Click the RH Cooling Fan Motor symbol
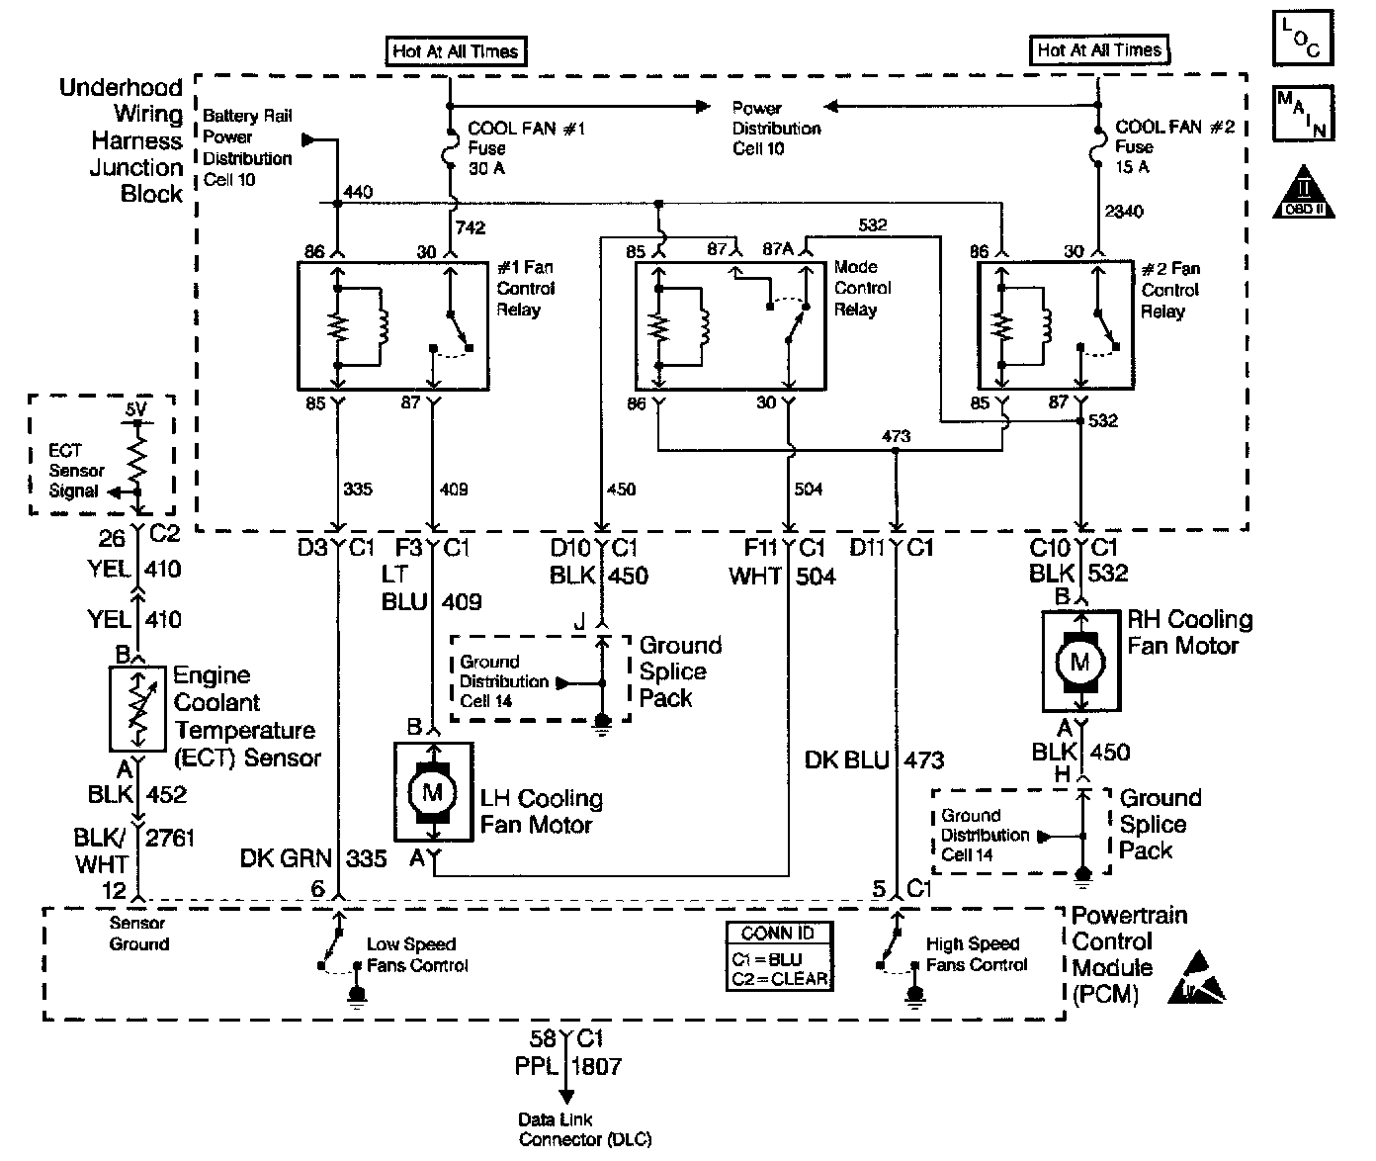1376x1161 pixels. point(1079,661)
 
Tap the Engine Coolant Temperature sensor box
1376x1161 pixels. point(138,708)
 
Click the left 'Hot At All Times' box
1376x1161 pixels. point(456,51)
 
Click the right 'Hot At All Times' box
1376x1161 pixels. point(1099,49)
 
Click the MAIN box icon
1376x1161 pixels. point(1304,113)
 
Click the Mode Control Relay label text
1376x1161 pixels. point(862,288)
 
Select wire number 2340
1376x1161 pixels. point(1124,212)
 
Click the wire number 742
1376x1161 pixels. point(472,227)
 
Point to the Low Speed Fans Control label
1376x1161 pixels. point(416,954)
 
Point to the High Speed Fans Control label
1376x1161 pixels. point(976,953)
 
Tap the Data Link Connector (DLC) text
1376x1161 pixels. point(585,1129)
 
